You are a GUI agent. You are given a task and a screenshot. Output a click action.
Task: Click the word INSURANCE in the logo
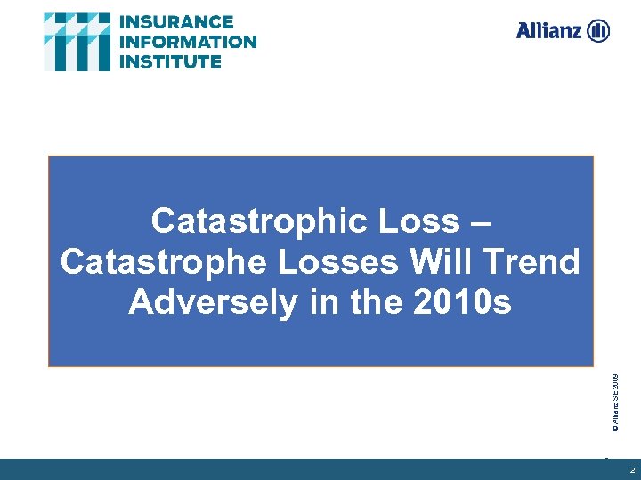coord(175,22)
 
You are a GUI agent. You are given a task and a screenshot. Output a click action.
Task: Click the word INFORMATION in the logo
coord(187,42)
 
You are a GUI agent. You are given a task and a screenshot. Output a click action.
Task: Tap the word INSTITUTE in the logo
coord(170,61)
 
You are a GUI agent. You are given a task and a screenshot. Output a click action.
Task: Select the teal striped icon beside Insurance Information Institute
coord(77,42)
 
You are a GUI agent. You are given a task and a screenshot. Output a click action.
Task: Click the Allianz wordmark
coord(548,31)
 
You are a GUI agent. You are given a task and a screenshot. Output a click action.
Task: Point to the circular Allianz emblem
coord(598,31)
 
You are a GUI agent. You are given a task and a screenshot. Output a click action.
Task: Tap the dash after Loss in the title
coord(476,221)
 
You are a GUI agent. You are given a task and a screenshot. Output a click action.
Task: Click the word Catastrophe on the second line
coord(151,262)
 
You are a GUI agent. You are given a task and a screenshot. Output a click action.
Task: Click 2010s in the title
coord(462,303)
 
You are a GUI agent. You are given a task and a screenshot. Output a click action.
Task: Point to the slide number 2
coord(632,470)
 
